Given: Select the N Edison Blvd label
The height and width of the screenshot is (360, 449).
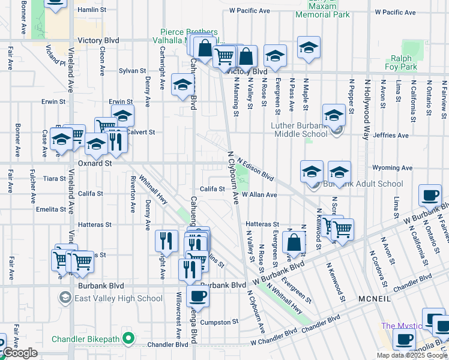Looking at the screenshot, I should [x=255, y=170].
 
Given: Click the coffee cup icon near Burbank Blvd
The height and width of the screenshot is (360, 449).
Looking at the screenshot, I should [x=197, y=296].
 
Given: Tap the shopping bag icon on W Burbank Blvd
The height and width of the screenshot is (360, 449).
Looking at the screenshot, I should [x=294, y=244].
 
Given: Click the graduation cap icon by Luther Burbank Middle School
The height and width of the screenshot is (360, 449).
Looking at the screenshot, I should [x=333, y=115].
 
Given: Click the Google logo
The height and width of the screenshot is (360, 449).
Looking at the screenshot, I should [x=20, y=353].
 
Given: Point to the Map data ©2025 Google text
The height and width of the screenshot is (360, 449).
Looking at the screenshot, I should [x=411, y=355].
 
